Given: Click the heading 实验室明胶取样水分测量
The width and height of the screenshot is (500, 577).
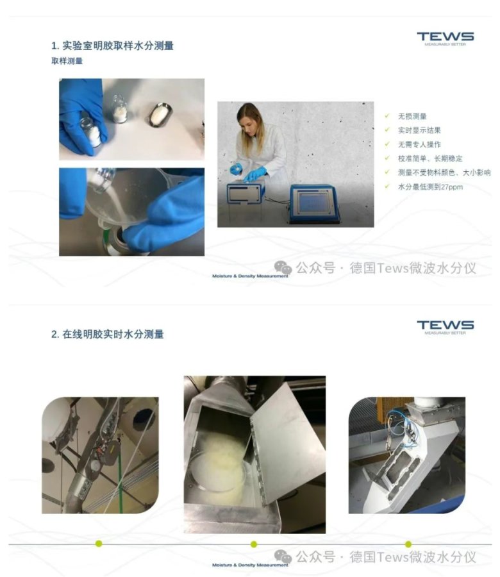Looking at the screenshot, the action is pos(118,46).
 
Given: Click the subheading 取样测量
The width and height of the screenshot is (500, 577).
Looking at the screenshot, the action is pos(67,61).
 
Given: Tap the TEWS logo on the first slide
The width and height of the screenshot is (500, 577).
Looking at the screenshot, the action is pos(445,38).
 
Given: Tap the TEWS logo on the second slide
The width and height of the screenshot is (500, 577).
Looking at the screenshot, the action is pos(445,327).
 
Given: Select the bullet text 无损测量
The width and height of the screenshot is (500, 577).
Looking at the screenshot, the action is pos(412,116).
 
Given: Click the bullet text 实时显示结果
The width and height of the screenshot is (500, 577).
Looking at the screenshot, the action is pos(419,130).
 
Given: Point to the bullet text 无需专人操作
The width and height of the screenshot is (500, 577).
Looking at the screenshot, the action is pos(419,145).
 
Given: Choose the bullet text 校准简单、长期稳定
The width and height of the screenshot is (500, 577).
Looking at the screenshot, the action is pos(430,158).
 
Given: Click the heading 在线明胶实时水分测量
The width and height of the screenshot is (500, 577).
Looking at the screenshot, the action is pos(113,335).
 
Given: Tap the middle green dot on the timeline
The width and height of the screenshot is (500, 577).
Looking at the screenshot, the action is pos(253,544).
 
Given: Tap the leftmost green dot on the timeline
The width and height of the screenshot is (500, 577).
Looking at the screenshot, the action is pos(99,544).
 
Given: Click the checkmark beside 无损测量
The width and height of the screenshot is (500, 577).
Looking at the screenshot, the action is pos(387,116).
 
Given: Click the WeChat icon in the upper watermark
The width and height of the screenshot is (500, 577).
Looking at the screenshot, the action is pos(283,267).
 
